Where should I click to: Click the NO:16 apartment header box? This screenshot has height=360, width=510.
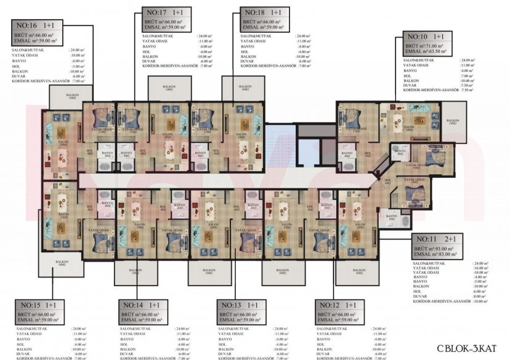click(x=35, y=26)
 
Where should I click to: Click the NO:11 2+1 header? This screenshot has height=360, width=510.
click(x=435, y=239)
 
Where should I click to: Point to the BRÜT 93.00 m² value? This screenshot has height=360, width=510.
click(x=437, y=247)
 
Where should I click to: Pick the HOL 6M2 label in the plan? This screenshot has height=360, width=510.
click(x=387, y=182)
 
